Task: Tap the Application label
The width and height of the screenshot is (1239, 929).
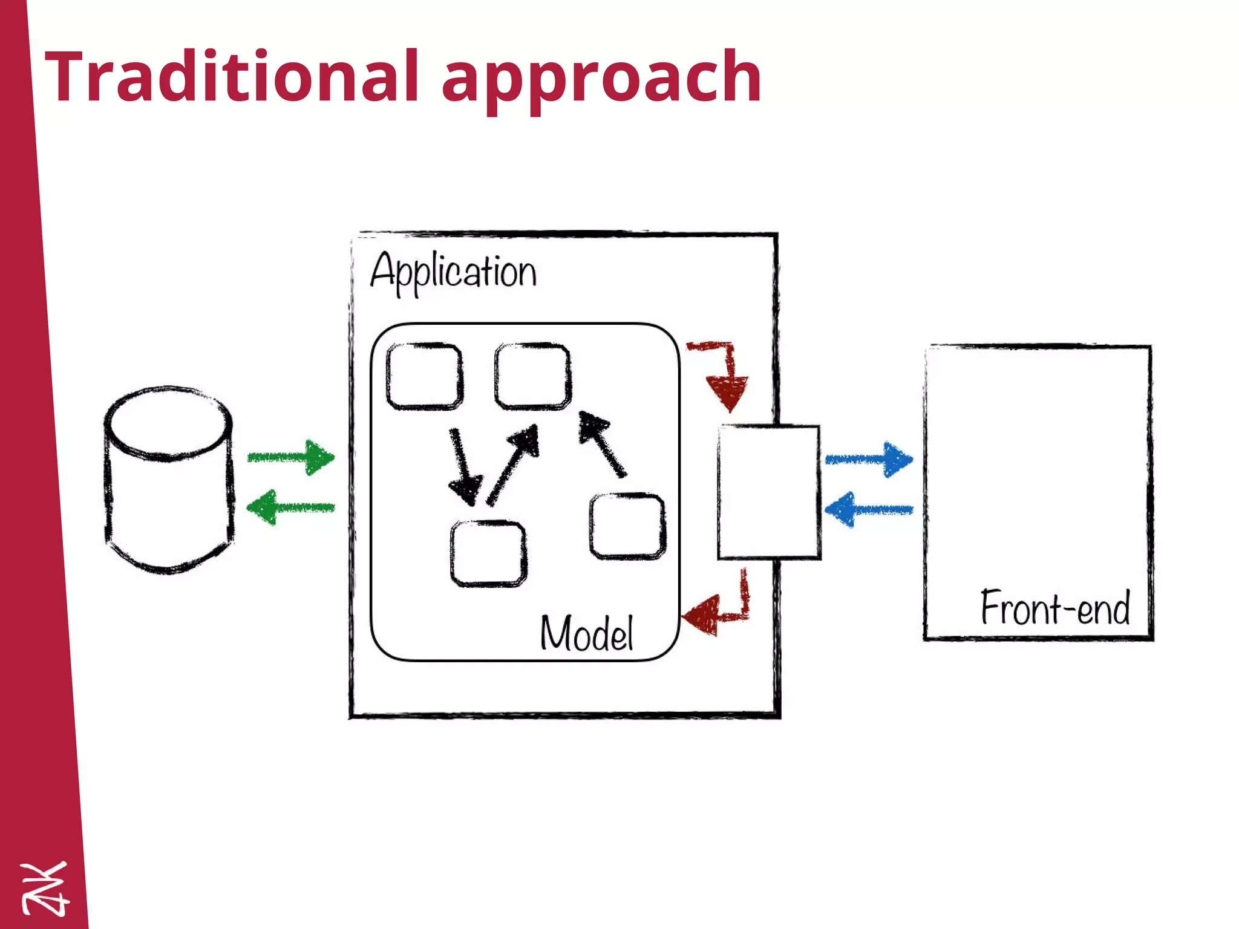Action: point(453,272)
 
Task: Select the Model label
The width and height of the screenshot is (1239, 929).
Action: point(586,633)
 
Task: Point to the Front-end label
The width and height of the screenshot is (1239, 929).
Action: point(1055,607)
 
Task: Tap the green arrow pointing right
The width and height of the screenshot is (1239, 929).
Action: point(291,457)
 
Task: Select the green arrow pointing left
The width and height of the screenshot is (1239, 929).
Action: point(291,507)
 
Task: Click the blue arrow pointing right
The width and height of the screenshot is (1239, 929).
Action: point(869,460)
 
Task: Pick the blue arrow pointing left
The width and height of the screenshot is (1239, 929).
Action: point(869,510)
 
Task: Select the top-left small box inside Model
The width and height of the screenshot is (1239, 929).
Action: point(425,376)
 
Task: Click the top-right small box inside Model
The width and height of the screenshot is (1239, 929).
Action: point(532,376)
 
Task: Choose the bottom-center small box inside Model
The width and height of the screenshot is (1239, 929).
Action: point(489,553)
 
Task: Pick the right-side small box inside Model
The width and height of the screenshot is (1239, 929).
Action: point(628,526)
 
